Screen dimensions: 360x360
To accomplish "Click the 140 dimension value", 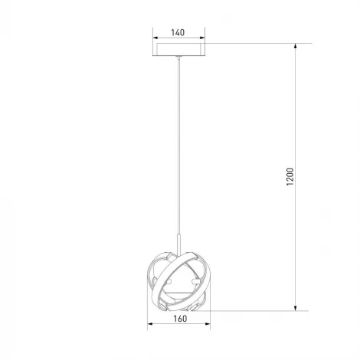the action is coord(178,32).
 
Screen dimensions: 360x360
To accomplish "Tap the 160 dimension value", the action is coord(180,319).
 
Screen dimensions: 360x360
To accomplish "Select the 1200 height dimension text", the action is coord(290,177).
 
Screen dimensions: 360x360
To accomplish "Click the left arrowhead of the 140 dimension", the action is coord(155,38).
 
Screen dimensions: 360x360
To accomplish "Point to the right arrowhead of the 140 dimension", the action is coord(202,38).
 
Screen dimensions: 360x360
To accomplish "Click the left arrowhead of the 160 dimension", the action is coord(150,324).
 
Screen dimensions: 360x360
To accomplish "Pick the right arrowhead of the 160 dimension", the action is coord(208,324).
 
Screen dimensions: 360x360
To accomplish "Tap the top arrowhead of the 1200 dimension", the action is coord(296,46).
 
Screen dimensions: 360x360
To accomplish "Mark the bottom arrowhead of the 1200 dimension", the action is coord(296,308).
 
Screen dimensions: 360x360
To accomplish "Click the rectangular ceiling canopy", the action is coord(178,49).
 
